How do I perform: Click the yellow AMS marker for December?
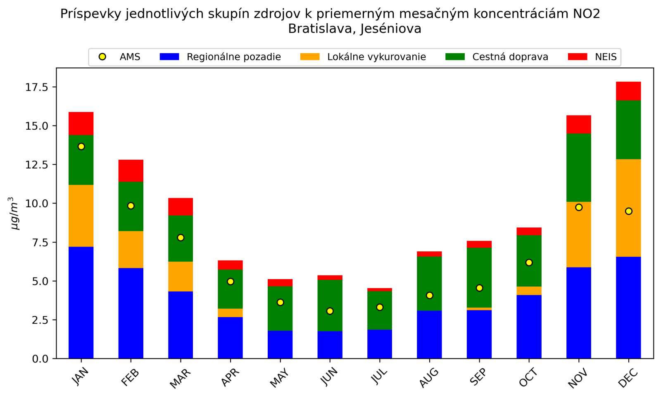click(628, 211)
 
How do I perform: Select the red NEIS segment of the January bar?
click(81, 123)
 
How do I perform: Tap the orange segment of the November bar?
click(578, 235)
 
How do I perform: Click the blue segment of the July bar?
click(379, 344)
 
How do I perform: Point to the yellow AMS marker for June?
click(330, 311)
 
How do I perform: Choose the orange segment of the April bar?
click(230, 313)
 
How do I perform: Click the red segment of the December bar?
click(628, 91)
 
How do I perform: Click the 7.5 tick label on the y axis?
click(40, 242)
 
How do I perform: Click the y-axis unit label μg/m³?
click(15, 213)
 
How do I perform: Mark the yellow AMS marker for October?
click(529, 263)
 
